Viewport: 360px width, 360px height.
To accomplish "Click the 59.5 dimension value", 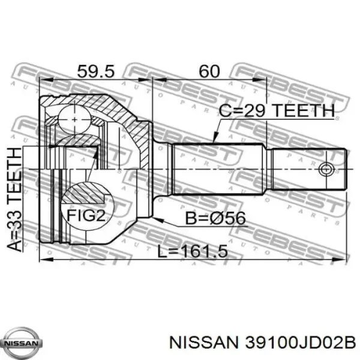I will pos(95,71).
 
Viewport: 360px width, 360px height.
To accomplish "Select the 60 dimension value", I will pos(208,71).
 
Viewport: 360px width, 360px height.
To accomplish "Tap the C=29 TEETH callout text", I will pos(276,110).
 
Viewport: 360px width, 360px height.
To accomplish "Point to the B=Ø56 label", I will pos(215,218).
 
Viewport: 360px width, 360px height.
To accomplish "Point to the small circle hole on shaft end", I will pos(327,169).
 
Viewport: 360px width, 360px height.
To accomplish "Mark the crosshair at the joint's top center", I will pos(74,119).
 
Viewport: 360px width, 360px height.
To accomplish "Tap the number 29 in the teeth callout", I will pos(256,110).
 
